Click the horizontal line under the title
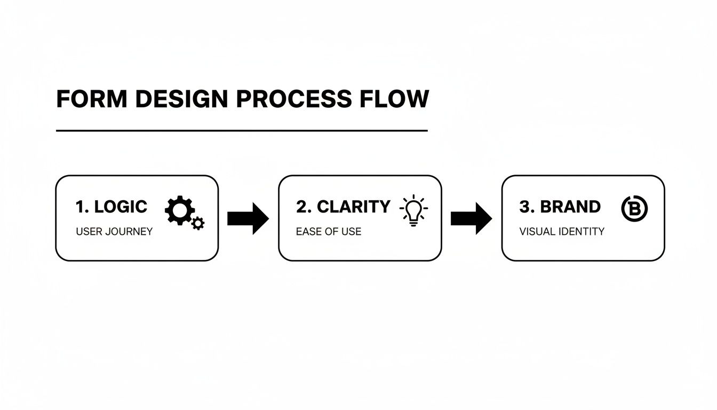coord(242,130)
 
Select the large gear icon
coord(179,210)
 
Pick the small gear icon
coord(198,223)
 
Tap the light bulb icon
coord(413,211)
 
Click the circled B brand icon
coord(634,208)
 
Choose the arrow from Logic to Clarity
coord(248,218)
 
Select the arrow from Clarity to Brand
coord(471,218)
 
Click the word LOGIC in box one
coord(121,207)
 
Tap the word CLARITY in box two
coord(354,207)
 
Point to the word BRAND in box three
coord(570,207)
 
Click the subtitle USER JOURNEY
coord(114,232)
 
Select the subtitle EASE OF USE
coord(329,232)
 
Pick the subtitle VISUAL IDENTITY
coord(562,232)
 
